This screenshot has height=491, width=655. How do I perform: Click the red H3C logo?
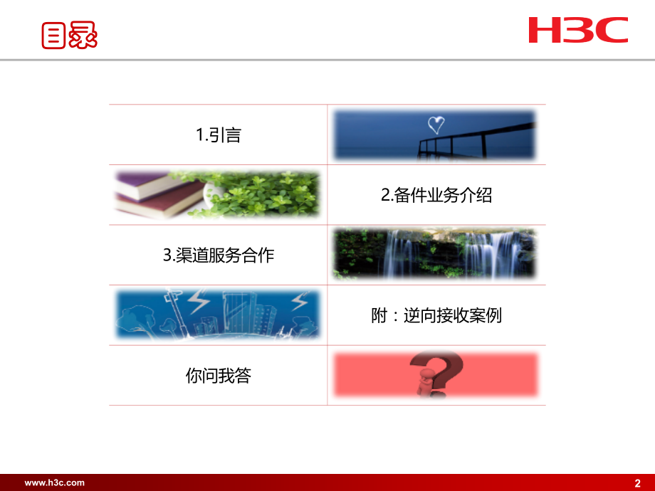578,30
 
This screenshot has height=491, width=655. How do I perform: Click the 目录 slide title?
69,36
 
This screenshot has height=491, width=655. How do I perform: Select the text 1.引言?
219,135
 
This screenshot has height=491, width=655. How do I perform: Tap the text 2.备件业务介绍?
436,195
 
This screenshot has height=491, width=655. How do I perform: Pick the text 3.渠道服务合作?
219,255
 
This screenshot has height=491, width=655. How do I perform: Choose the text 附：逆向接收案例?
436,315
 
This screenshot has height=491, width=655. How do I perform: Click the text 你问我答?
219,375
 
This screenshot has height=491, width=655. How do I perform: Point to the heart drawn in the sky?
436,125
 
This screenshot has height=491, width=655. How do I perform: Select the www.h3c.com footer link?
54,483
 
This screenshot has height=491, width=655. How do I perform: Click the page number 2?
637,483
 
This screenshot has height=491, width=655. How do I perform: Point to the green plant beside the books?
259,194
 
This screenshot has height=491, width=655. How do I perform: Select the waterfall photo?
434,254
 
